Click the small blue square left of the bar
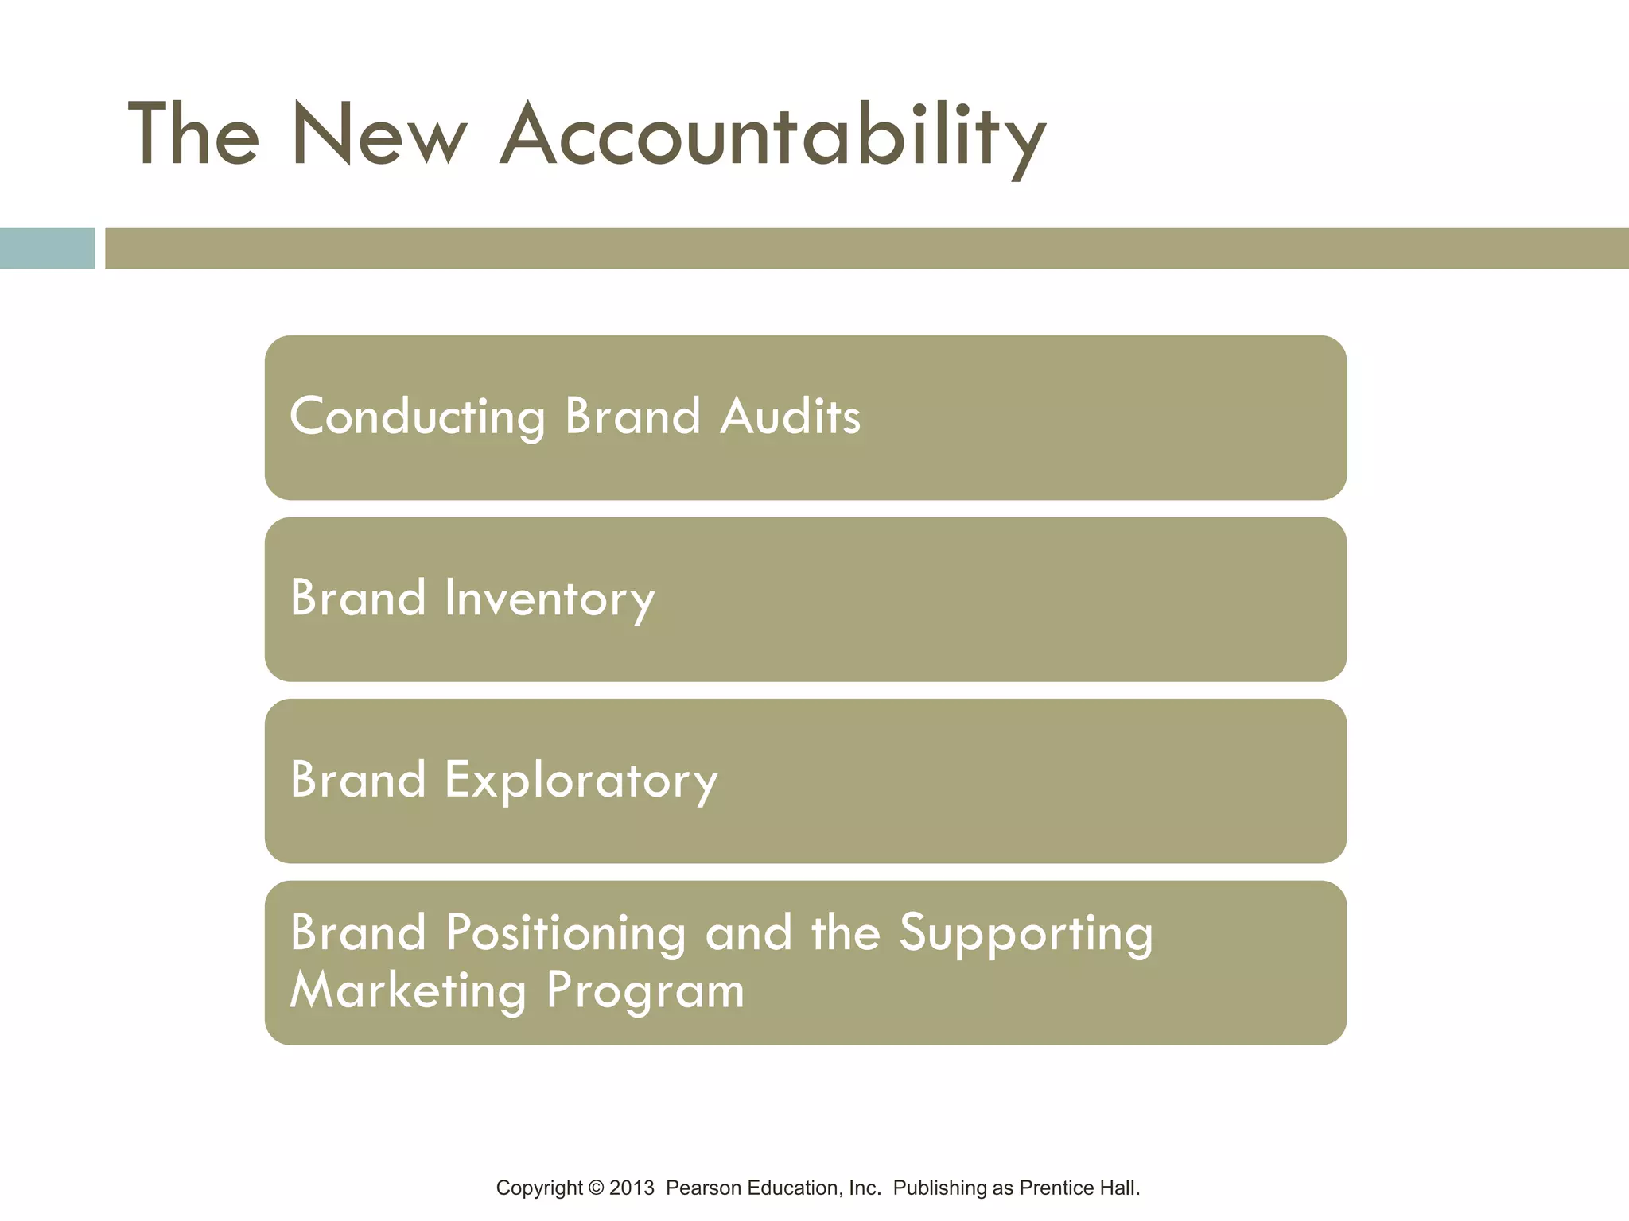[47, 248]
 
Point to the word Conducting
[418, 417]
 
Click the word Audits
[790, 417]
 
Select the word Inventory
[550, 599]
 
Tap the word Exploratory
[581, 780]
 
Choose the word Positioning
[566, 932]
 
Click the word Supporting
[1026, 932]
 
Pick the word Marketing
[408, 990]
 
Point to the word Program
[645, 990]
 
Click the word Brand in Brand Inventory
[358, 599]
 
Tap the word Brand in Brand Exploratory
[358, 780]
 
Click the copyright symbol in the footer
[596, 1188]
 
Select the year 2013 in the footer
[632, 1188]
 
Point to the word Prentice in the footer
[1056, 1188]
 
